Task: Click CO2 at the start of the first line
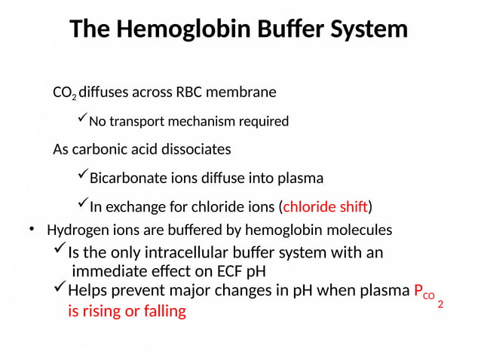64,93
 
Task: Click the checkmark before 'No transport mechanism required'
81,119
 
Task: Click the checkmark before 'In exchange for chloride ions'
82,205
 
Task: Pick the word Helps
87,291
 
